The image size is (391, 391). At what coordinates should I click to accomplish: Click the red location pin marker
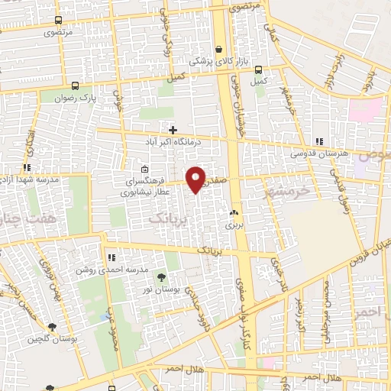point(196,179)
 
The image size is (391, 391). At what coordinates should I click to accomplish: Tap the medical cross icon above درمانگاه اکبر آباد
point(173,130)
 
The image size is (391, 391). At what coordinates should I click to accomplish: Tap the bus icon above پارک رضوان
point(75,86)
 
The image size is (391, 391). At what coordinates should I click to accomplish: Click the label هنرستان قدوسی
point(318,153)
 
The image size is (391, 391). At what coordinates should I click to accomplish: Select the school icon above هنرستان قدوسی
point(318,141)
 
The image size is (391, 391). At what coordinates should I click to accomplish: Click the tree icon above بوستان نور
point(160,276)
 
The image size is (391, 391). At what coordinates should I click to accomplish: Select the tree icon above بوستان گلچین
point(51,326)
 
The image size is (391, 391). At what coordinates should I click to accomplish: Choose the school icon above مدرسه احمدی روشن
point(111,258)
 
